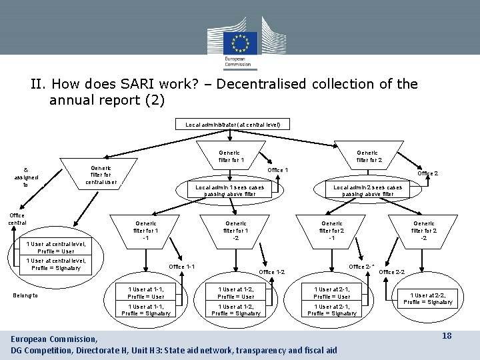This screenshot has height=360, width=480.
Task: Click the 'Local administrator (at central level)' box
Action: [x=229, y=124]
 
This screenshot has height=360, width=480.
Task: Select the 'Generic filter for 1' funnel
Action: [x=231, y=157]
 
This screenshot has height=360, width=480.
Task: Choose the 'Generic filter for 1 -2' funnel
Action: [x=235, y=231]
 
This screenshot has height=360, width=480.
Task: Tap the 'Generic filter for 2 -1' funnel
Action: [x=331, y=231]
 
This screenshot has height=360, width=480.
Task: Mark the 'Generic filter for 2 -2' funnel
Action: [x=424, y=231]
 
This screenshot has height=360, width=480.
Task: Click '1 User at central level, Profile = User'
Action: [x=56, y=247]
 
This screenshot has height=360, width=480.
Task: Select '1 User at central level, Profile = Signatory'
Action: [x=56, y=265]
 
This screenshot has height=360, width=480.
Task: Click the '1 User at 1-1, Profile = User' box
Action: [x=146, y=292]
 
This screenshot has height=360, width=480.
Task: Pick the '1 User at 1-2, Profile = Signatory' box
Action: [x=237, y=309]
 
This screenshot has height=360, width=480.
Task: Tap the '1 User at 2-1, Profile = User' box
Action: [x=332, y=292]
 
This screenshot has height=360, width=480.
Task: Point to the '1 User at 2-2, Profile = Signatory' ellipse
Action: [x=431, y=298]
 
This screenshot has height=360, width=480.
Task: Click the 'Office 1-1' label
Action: [x=181, y=267]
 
